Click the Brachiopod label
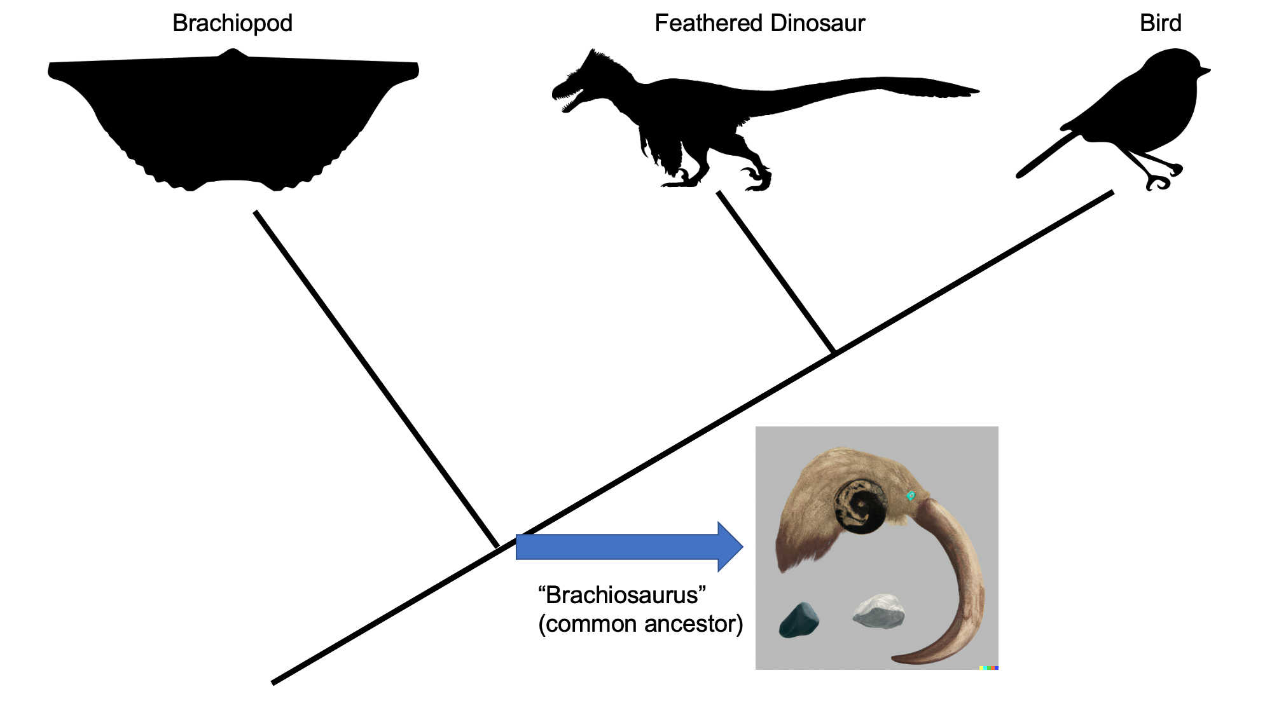[232, 24]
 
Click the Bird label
[1160, 24]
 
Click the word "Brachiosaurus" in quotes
[622, 596]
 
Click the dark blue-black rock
[798, 620]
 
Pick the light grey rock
[878, 611]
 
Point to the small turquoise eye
[911, 496]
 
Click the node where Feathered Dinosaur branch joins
[834, 353]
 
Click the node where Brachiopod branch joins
[497, 547]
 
